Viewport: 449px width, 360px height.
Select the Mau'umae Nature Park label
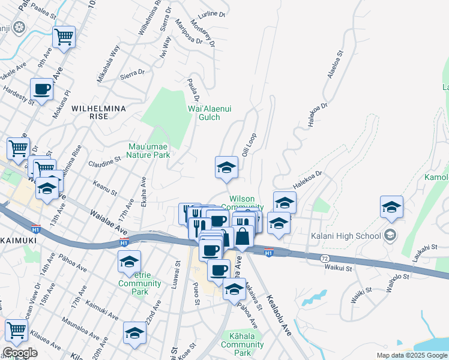[x=148, y=150]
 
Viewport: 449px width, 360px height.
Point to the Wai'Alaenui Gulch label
[x=209, y=113]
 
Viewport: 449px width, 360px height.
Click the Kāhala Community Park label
[x=243, y=344]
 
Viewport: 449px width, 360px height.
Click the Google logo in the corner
[x=20, y=353]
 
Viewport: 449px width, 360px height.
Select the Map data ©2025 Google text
[x=411, y=355]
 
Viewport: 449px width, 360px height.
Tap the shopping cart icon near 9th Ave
[x=63, y=37]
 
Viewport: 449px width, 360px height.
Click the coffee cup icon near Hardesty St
[x=42, y=89]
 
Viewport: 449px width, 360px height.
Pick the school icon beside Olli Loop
[x=226, y=167]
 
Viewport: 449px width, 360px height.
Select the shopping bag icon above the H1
[x=243, y=235]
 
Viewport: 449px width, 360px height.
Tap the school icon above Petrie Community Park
[x=129, y=262]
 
